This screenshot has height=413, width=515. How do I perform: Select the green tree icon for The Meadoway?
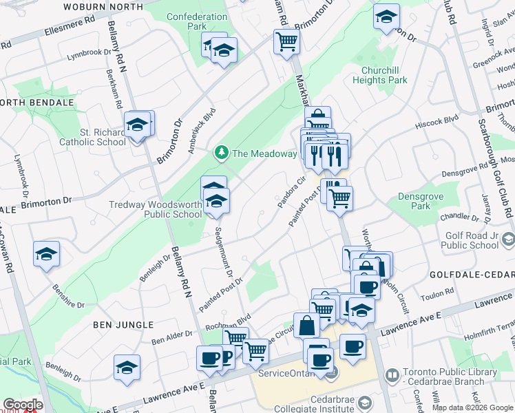tap(222, 153)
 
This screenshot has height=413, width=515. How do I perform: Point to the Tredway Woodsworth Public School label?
tap(156, 209)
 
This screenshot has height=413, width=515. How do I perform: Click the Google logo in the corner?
tap(23, 405)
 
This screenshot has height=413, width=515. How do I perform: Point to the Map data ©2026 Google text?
tap(472, 407)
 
